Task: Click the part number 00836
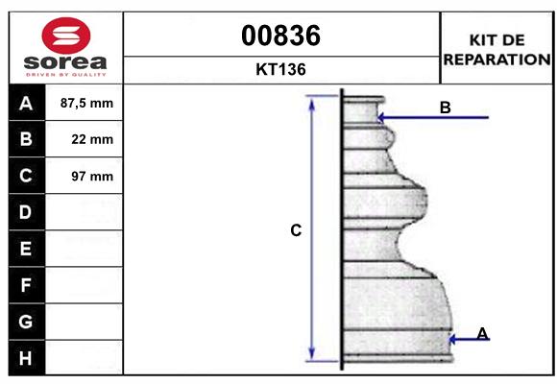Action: point(281,36)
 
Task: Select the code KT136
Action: point(281,69)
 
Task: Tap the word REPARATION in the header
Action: point(496,59)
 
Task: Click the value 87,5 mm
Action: point(86,103)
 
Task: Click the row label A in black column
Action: point(26,103)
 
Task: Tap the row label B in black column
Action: point(26,139)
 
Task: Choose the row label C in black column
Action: point(26,176)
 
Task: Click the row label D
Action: point(26,212)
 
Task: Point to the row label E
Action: point(26,249)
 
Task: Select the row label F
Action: point(26,285)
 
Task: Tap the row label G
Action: point(26,322)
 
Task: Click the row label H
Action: point(26,358)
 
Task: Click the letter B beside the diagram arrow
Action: point(445,108)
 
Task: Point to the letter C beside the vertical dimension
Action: point(297,230)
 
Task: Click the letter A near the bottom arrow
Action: point(482,333)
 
